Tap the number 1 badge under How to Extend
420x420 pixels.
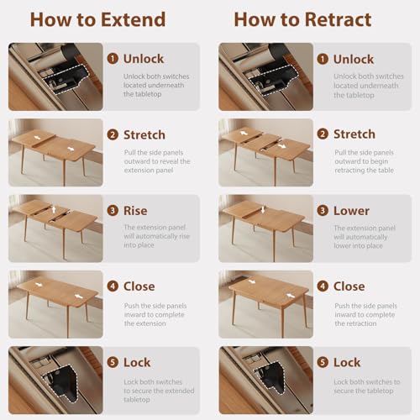pos(113,59)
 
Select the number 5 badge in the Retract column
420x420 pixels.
pos(323,362)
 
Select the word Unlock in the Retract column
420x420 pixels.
pos(354,59)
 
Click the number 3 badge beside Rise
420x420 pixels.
pos(113,210)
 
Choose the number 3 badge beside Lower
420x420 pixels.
pos(323,210)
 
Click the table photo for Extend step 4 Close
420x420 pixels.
pos(55,303)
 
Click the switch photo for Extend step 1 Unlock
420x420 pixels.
pos(55,76)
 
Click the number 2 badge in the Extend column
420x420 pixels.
pos(113,134)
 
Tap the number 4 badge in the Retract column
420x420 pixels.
pos(323,286)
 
